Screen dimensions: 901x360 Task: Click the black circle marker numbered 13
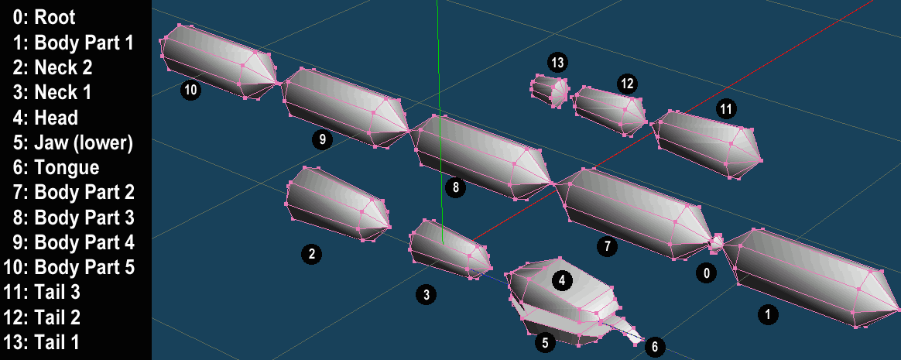557,61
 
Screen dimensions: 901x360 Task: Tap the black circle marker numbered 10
190,91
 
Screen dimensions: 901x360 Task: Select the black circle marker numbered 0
706,273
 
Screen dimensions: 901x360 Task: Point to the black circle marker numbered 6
655,346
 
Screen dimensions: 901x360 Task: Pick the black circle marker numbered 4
562,280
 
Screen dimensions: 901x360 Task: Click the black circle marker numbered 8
456,187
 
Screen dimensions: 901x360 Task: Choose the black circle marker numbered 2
311,254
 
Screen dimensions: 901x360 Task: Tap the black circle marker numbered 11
727,108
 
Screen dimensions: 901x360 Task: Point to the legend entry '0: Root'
43,17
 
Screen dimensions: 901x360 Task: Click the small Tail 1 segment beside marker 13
550,91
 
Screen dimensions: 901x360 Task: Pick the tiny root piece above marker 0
716,243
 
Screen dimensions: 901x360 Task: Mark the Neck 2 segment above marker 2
337,204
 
